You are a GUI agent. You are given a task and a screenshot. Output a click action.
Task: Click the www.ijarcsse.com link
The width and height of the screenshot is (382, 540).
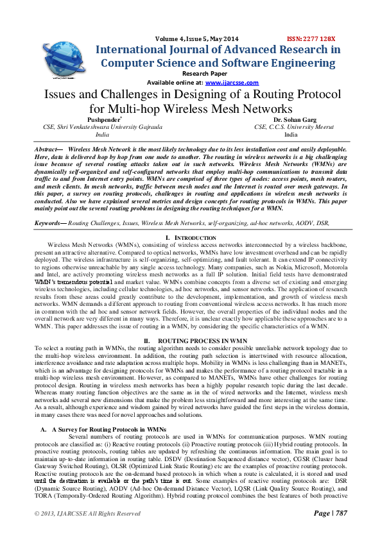[232, 83]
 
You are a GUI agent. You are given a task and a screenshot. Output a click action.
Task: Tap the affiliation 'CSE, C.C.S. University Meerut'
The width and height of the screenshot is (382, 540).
[290, 127]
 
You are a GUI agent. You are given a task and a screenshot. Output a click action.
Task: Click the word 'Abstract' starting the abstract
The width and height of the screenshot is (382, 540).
[49, 148]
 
